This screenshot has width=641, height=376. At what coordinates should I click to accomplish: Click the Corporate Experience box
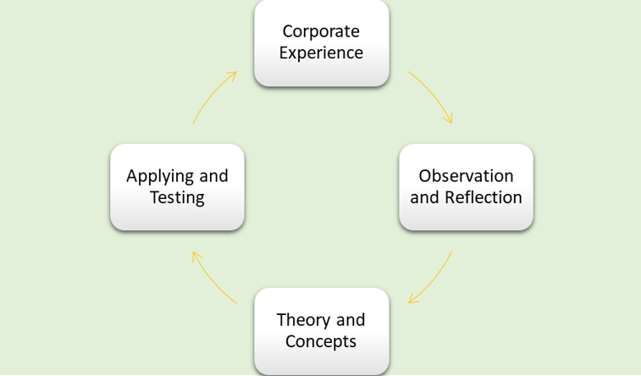pos(322,42)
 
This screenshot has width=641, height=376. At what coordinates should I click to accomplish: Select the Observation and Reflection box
pos(466,187)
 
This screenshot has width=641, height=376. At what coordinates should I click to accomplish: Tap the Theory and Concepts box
pos(322,331)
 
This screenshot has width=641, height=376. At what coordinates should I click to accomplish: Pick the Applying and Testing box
pos(177,187)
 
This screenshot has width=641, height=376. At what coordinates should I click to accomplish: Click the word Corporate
pos(321,31)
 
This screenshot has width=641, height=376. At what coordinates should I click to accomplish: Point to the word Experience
pos(321,53)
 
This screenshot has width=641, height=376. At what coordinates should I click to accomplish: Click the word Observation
pos(466,176)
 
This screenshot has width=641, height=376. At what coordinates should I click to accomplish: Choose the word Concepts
pos(321,342)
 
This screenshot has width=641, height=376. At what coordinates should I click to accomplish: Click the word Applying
pos(161,176)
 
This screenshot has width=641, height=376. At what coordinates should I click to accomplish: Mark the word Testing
pos(177,198)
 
